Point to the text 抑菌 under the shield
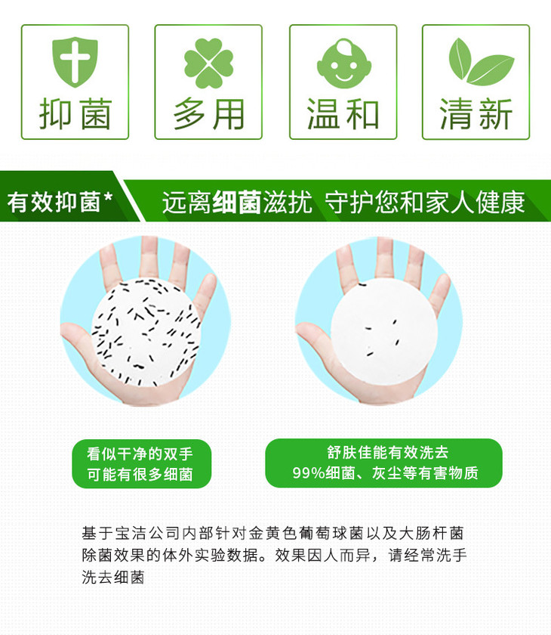(x=75, y=115)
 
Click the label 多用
(x=208, y=115)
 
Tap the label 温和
(x=343, y=115)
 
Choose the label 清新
(x=476, y=115)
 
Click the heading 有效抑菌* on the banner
(x=60, y=202)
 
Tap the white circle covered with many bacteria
(x=143, y=330)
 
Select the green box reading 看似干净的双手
(x=141, y=463)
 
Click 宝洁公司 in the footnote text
(x=155, y=533)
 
